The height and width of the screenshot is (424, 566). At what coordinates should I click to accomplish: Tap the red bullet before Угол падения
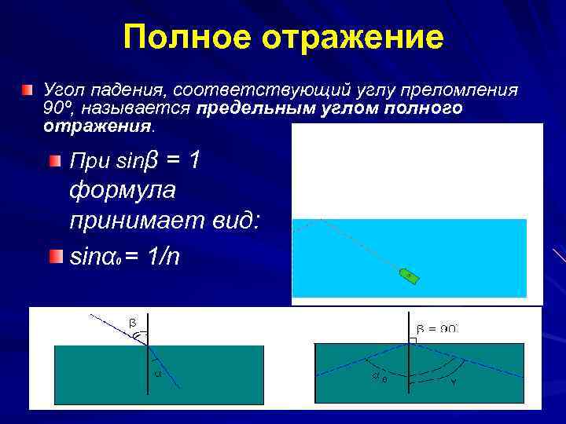(28, 90)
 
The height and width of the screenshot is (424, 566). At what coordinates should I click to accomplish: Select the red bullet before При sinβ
(54, 162)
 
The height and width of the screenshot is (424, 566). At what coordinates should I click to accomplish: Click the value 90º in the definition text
(58, 108)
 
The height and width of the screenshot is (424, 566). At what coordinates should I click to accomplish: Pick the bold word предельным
(237, 108)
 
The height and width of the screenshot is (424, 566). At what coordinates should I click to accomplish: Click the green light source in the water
(410, 275)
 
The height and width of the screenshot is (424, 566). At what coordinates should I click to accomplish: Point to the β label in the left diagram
(132, 322)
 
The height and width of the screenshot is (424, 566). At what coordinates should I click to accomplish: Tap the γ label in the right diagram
(454, 382)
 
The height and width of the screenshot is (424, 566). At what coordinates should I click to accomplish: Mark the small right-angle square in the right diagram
(412, 341)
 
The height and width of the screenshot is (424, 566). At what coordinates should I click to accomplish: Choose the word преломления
(466, 90)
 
